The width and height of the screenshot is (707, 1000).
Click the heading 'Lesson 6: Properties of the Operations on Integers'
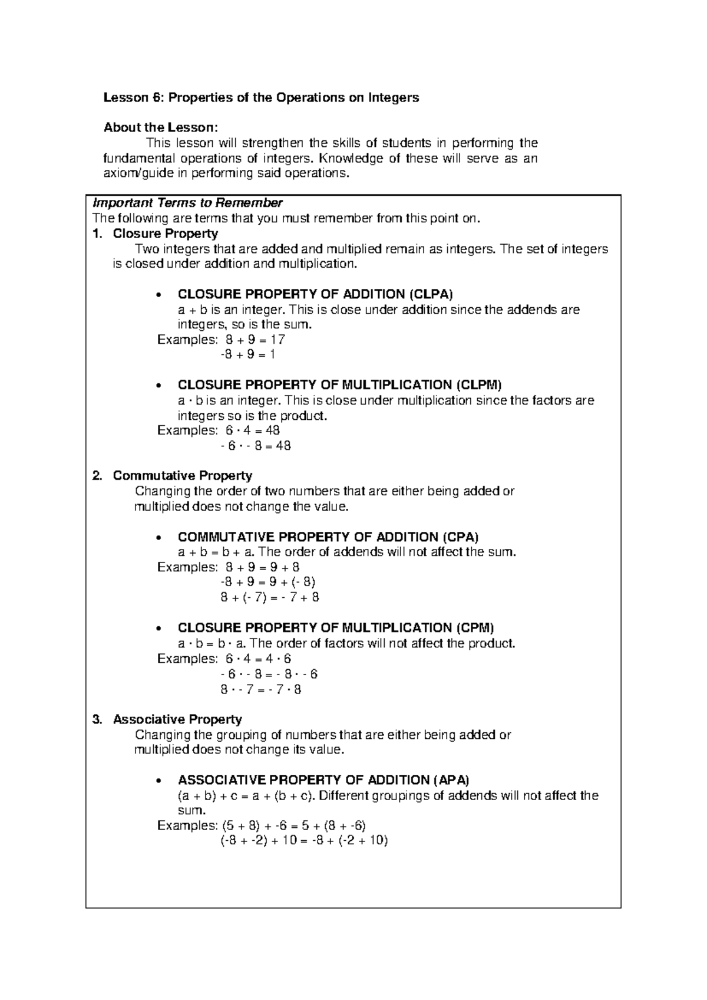261,98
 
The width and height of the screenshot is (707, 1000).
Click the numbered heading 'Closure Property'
165,233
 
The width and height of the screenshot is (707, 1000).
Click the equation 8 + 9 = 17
252,340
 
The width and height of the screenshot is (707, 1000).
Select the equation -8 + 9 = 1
247,354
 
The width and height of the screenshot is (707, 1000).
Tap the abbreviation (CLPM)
478,385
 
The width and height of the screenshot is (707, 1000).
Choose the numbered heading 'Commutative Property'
182,476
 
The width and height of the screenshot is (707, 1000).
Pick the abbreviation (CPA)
459,537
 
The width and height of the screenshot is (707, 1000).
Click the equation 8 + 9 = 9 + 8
263,567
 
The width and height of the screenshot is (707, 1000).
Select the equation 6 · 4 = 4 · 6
259,659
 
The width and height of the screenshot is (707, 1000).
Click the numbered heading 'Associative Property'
177,719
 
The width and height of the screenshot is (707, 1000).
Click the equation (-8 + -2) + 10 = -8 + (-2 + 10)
304,841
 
